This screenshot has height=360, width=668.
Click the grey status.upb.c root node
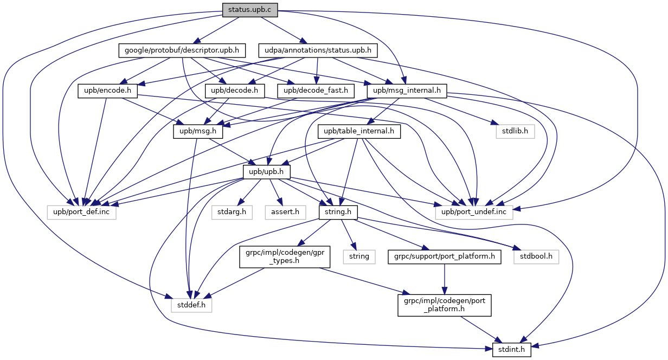pos(250,10)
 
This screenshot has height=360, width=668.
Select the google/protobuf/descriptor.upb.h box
pos(182,50)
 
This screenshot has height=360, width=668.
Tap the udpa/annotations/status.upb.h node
pos(318,50)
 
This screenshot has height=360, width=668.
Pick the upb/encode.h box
pos(108,91)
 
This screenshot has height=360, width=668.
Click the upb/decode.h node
pos(235,91)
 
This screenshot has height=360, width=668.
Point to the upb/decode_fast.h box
pos(316,91)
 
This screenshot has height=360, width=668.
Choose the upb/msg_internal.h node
pos(407,91)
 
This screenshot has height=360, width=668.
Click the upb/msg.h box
pos(198,131)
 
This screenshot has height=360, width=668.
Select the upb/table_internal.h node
pos(359,131)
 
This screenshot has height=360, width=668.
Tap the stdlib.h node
pos(515,131)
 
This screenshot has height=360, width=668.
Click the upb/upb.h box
pos(267,172)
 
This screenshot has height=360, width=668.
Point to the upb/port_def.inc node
pos(81,213)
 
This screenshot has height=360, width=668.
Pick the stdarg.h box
pos(232,213)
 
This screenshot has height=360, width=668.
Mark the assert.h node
pos(285,213)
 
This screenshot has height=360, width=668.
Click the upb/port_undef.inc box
pos(474,213)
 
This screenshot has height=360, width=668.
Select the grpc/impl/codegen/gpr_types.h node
pos(285,257)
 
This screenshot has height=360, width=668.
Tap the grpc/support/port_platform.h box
pos(445,257)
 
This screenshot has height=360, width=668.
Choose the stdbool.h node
pos(536,257)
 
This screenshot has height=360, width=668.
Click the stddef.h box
pos(191,305)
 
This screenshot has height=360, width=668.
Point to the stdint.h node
pos(512,350)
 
